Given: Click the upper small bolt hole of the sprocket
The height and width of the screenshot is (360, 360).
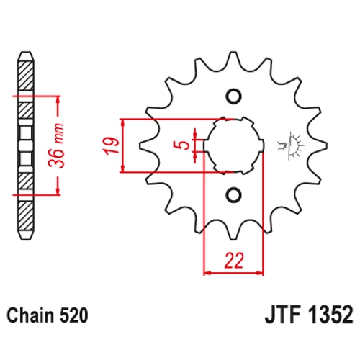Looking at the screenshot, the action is click(x=233, y=96).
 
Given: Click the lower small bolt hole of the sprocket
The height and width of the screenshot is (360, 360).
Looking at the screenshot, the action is click(x=233, y=194).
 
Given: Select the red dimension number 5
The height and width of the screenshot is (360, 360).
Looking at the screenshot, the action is click(x=184, y=145).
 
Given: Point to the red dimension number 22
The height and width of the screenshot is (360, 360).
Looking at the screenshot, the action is click(x=234, y=261).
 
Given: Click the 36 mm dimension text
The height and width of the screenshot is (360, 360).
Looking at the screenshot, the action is click(x=56, y=145).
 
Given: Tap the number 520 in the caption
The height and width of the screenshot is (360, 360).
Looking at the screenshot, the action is click(x=73, y=315).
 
